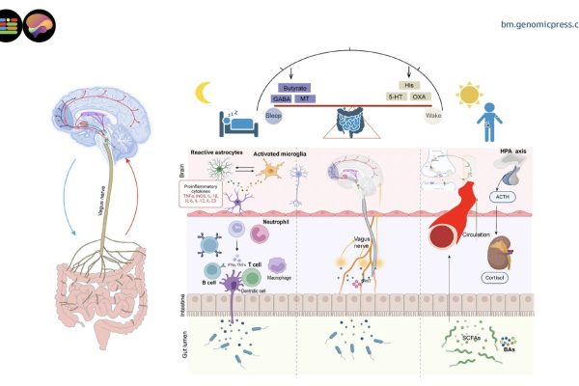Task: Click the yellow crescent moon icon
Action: click(204, 93)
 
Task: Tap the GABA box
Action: click(280, 98)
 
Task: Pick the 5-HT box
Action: click(396, 97)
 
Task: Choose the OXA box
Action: click(420, 97)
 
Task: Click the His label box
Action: click(408, 87)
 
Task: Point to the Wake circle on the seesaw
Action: click(433, 115)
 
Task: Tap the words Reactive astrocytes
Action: click(217, 152)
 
